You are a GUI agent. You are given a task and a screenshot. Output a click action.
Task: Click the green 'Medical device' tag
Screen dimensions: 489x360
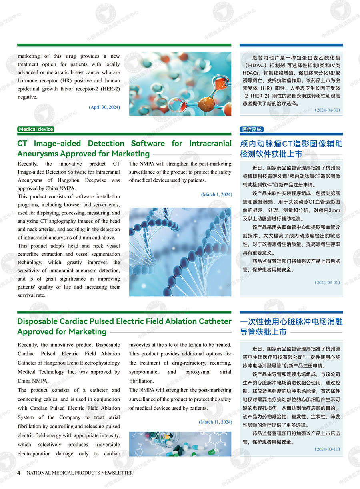pyautogui.click(x=36, y=129)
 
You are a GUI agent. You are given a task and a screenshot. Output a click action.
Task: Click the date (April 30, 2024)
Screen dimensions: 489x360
pyautogui.click(x=104, y=107)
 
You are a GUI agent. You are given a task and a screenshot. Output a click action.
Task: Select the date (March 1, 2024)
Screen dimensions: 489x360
pyautogui.click(x=216, y=194)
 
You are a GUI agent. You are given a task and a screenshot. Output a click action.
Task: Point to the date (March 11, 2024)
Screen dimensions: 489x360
pyautogui.click(x=215, y=422)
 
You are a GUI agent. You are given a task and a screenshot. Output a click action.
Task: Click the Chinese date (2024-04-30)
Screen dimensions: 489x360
pyautogui.click(x=327, y=110)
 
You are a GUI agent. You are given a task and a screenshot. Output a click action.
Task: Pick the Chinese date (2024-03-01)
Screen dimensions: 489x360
pyautogui.click(x=327, y=282)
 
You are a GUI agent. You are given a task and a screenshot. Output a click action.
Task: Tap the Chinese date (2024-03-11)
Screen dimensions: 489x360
pyautogui.click(x=327, y=449)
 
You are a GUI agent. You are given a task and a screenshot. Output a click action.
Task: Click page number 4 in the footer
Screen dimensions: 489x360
pyautogui.click(x=19, y=473)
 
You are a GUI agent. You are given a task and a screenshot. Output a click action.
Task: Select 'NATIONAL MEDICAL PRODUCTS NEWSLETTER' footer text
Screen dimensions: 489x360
pyautogui.click(x=80, y=473)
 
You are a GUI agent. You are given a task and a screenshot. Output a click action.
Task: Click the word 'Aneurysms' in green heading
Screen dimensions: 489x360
pyautogui.click(x=38, y=154)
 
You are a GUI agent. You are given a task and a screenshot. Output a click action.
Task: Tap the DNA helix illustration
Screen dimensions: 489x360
pyautogui.click(x=180, y=252)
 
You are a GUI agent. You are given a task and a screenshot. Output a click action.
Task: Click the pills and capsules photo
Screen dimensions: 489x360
pyautogui.click(x=180, y=444)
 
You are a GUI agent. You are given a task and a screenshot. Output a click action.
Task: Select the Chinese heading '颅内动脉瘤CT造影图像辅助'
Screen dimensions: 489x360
pyautogui.click(x=291, y=144)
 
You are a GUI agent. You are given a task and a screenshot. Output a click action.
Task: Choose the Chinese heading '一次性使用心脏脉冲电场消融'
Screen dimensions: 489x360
pyautogui.click(x=291, y=321)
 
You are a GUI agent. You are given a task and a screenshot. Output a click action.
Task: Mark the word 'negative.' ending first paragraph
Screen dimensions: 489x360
pyautogui.click(x=27, y=97)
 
